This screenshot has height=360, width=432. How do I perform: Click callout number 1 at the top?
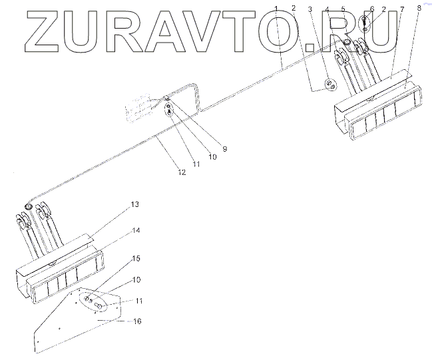(x=277, y=7)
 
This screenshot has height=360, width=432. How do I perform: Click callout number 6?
(x=372, y=8)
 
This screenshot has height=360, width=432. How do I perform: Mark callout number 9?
(x=224, y=148)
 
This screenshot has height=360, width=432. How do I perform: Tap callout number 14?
(x=135, y=230)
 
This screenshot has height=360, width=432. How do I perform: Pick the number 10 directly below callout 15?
(x=135, y=279)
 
